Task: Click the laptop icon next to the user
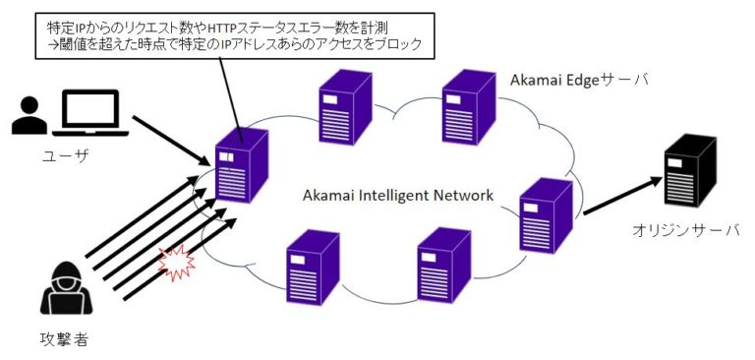pos(89,113)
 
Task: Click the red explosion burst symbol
pos(176,264)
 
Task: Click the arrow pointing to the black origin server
pos(622,196)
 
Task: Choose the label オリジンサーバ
pos(685,230)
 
